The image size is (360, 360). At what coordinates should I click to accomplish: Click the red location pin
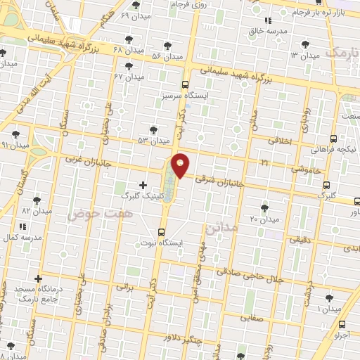pyautogui.click(x=180, y=165)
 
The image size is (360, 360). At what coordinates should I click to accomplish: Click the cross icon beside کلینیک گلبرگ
pyautogui.click(x=143, y=185)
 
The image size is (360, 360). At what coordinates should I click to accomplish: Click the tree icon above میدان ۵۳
pyautogui.click(x=153, y=129)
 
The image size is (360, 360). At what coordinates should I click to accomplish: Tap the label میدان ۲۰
pyautogui.click(x=264, y=219)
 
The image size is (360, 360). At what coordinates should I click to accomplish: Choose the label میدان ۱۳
pyautogui.click(x=303, y=55)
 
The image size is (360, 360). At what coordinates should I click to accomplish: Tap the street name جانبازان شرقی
pyautogui.click(x=219, y=184)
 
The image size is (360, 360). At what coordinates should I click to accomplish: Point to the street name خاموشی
pyautogui.click(x=309, y=169)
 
